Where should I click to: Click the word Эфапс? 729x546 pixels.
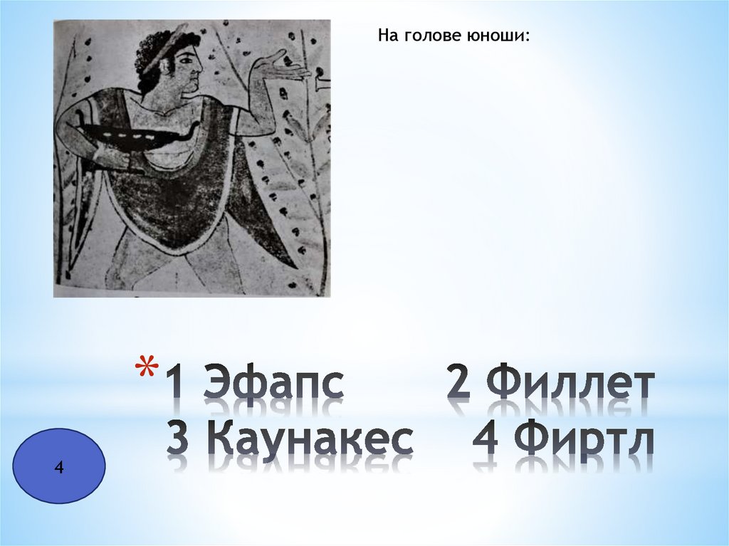tap(274, 384)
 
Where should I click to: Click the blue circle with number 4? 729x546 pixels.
tap(59, 467)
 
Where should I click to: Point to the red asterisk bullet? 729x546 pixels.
tap(147, 368)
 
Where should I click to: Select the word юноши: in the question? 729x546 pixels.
tap(504, 35)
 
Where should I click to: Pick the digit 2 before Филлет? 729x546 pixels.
tap(458, 384)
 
